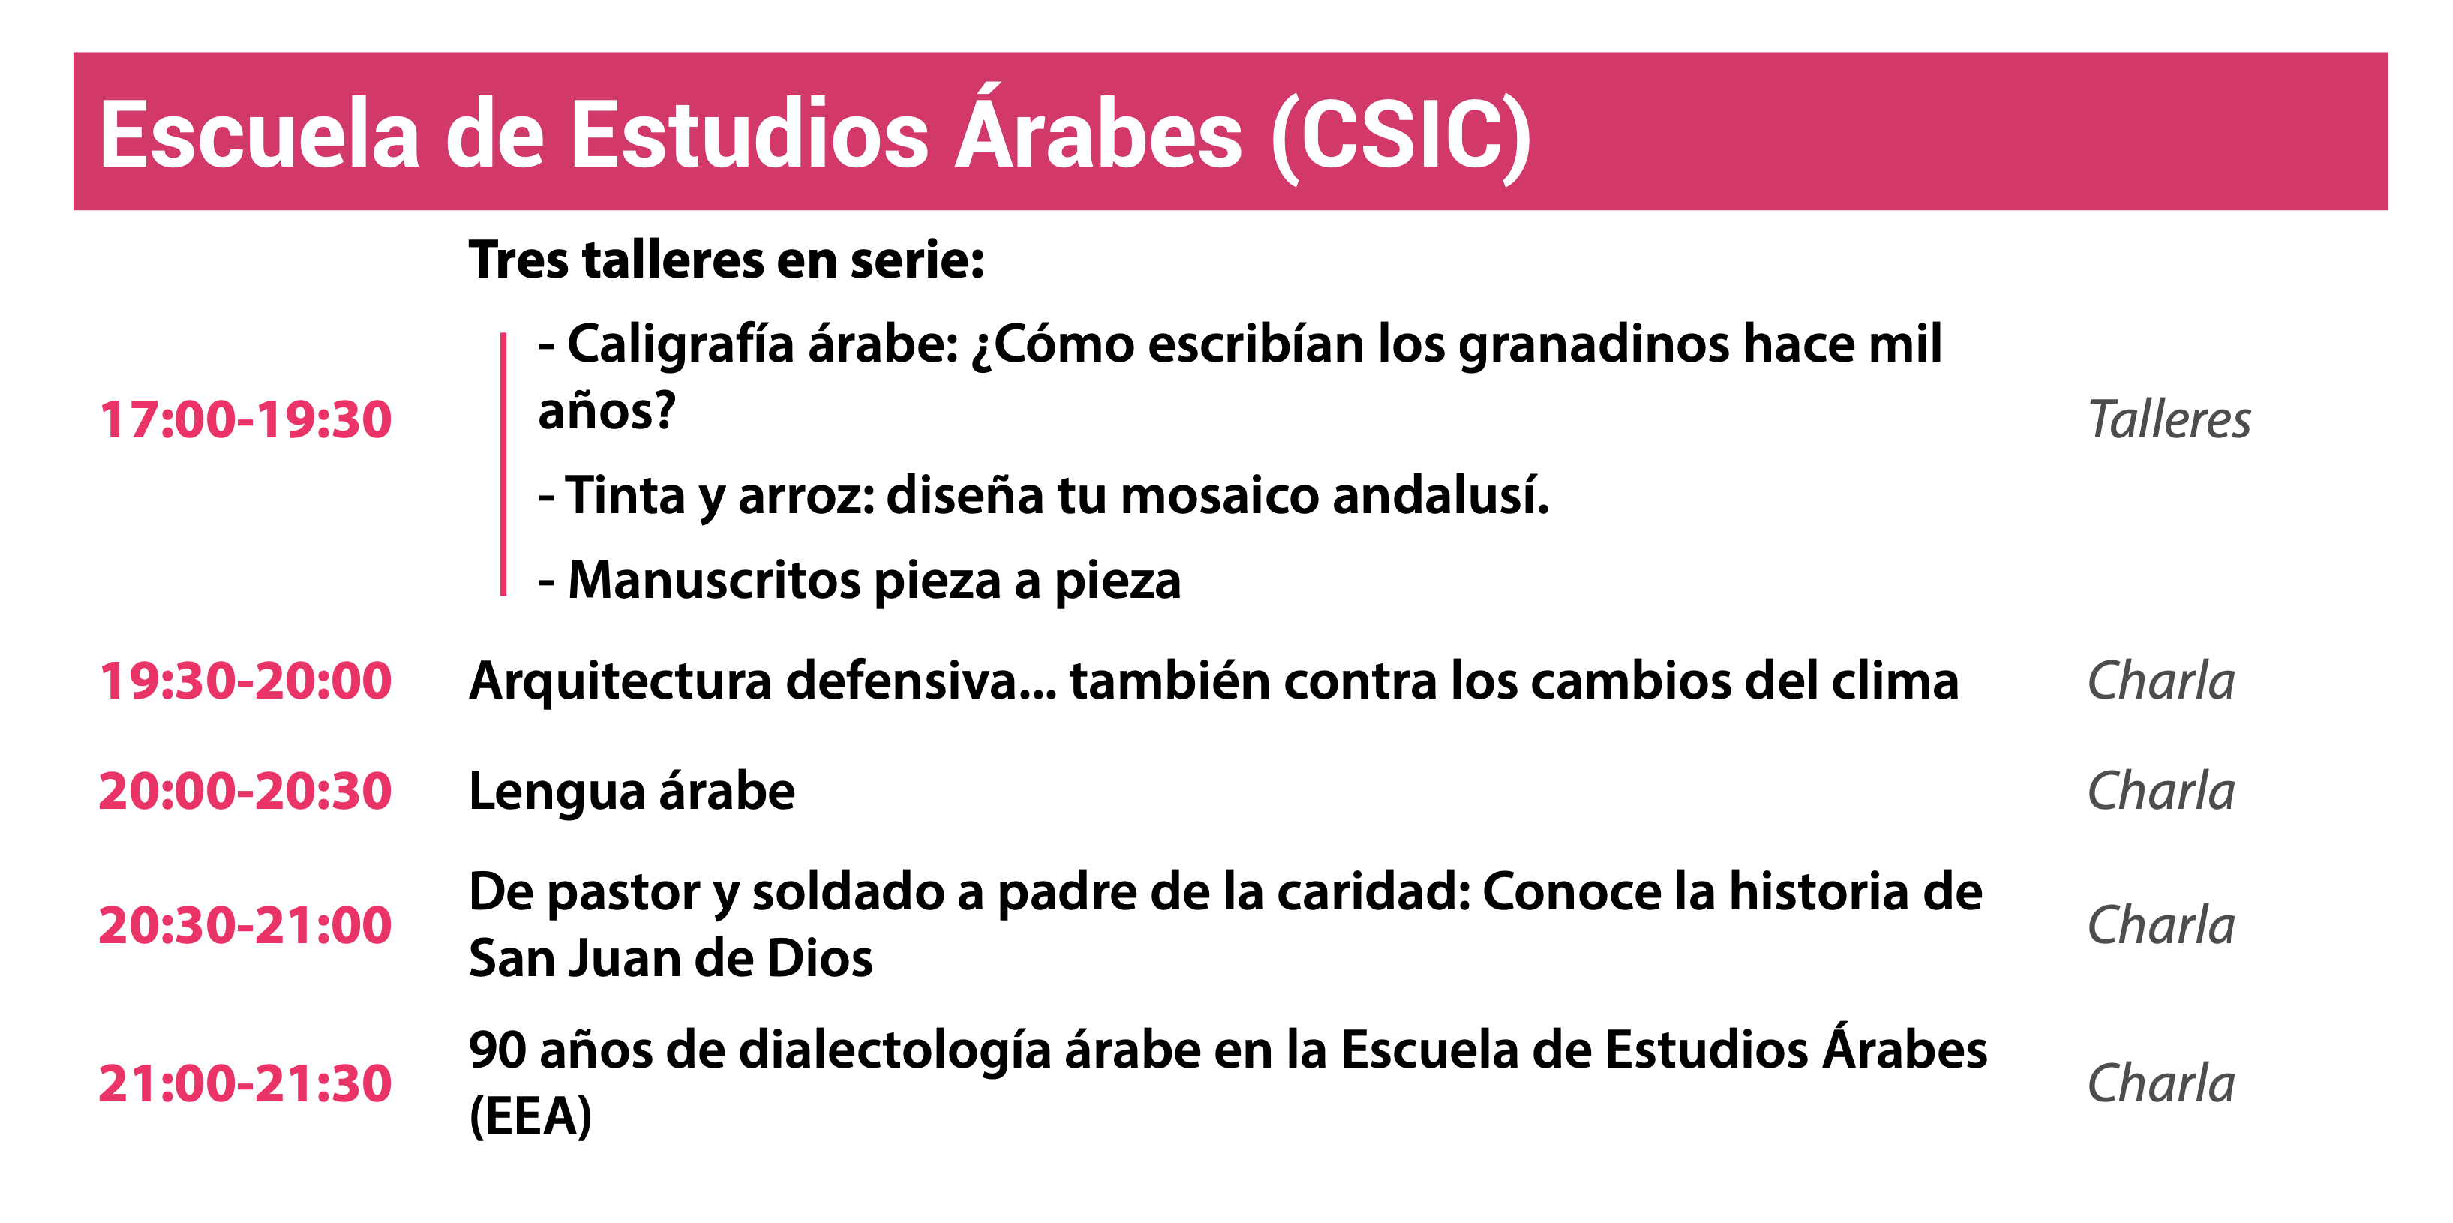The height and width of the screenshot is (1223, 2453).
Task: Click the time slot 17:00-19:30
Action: coord(246,420)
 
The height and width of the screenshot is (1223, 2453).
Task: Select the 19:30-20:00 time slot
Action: coord(246,681)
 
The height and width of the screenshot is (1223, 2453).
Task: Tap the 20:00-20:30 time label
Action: coord(246,792)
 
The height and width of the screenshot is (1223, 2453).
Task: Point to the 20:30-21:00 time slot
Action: coord(246,926)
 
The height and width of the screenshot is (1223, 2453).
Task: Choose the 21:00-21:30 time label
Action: coord(246,1084)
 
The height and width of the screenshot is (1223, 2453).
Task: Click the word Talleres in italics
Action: coord(2169,420)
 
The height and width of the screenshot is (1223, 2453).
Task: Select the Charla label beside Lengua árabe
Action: coord(2160,792)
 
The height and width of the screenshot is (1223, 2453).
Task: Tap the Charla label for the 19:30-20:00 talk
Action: coord(2160,681)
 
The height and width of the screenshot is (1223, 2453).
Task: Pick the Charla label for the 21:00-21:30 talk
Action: coord(2160,1084)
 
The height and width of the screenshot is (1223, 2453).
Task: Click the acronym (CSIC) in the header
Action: coord(1402,137)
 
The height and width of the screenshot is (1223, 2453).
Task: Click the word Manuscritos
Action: coord(714,581)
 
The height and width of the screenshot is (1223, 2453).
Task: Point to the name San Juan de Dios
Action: coord(671,959)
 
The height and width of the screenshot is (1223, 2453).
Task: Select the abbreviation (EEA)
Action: coord(530,1117)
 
